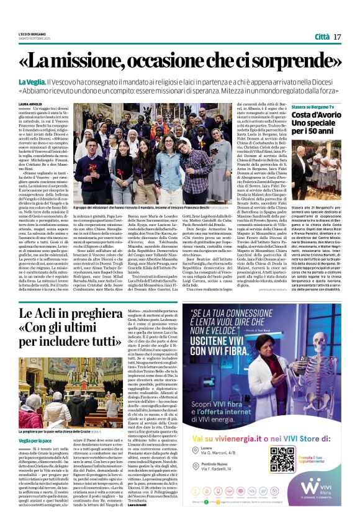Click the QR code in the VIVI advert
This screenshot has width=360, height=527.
tap(283, 459)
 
